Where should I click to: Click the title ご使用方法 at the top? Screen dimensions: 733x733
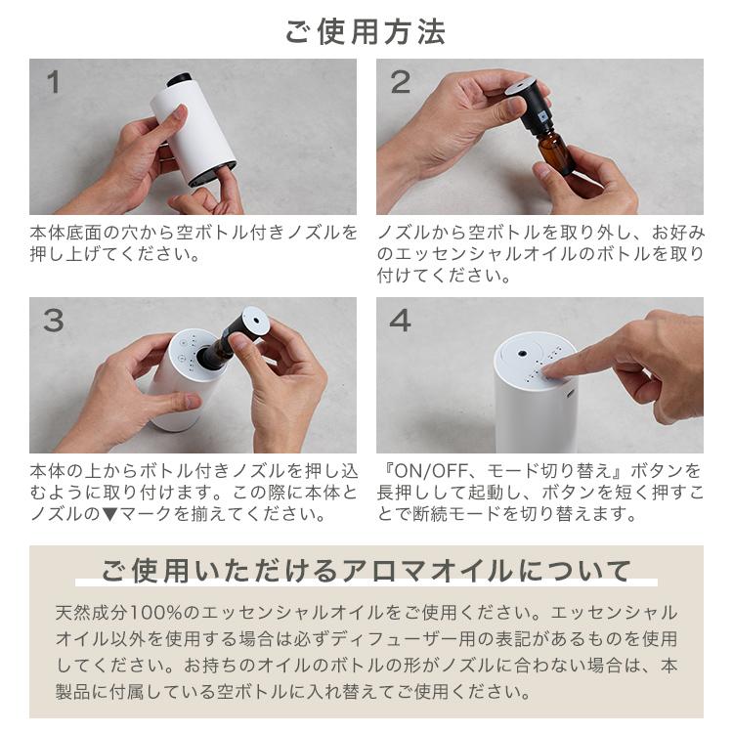click(366, 32)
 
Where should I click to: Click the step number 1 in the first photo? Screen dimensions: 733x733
click(54, 82)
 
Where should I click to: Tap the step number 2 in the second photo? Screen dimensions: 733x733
click(400, 82)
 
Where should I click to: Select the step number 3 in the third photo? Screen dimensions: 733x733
click(54, 321)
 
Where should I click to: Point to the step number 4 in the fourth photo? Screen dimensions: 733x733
click(400, 321)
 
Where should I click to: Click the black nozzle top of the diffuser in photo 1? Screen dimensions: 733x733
click(180, 79)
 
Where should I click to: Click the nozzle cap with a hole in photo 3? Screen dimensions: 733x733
click(255, 321)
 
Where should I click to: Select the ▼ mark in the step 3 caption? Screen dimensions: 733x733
click(109, 514)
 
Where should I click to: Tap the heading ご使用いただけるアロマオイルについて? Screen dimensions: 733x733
click(366, 571)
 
